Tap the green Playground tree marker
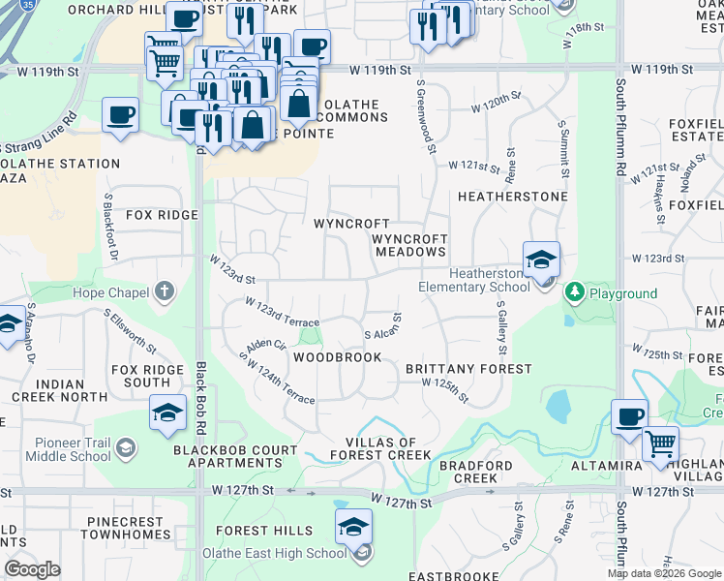574,291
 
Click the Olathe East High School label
274,553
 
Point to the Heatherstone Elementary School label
474,280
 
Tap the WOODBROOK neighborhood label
338,357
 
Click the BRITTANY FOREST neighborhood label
468,369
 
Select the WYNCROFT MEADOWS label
410,245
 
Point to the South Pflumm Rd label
620,145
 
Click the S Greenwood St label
423,113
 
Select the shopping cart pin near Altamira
660,443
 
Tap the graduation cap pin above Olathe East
353,526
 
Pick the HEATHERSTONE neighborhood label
512,197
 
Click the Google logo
33,569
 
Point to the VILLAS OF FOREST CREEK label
379,448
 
